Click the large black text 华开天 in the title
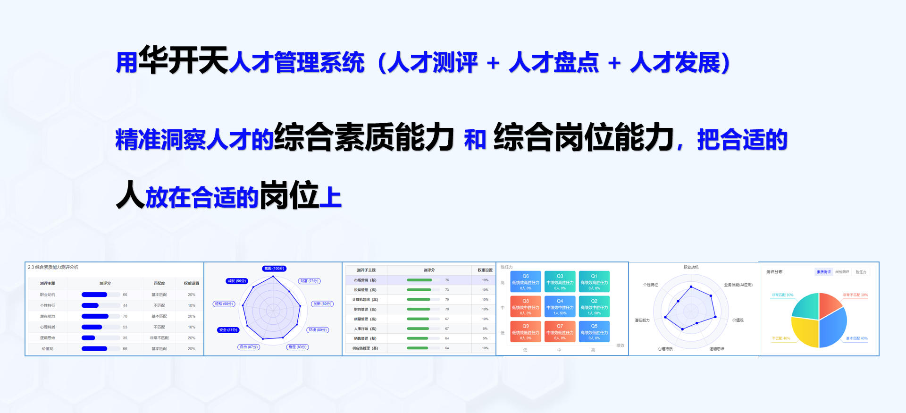(x=184, y=60)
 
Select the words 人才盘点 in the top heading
(x=554, y=63)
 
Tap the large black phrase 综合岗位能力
(x=584, y=137)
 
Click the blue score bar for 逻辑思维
(x=88, y=338)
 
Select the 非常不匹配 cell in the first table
(x=159, y=338)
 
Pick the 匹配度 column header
(x=159, y=283)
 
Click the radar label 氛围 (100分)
(x=274, y=269)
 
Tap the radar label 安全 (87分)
(x=228, y=330)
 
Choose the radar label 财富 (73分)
(x=310, y=281)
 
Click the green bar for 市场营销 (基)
(x=419, y=280)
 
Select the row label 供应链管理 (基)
(x=365, y=348)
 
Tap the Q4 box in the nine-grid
(x=560, y=306)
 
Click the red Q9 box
(x=525, y=331)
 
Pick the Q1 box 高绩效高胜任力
(x=594, y=281)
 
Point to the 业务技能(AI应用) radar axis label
(x=738, y=285)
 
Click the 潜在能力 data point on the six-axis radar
(x=665, y=317)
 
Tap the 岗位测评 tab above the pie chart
(x=842, y=272)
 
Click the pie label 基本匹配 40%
(x=856, y=338)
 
